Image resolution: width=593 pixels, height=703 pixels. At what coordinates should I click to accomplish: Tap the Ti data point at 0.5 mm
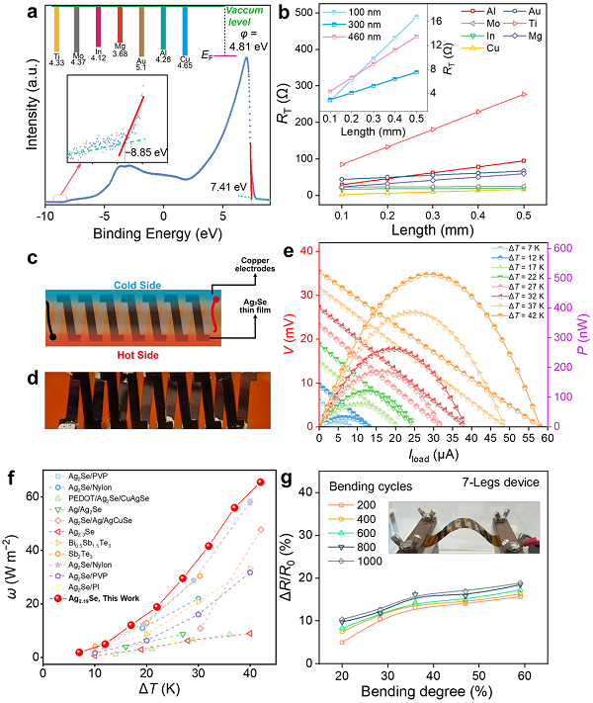pos(523,94)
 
